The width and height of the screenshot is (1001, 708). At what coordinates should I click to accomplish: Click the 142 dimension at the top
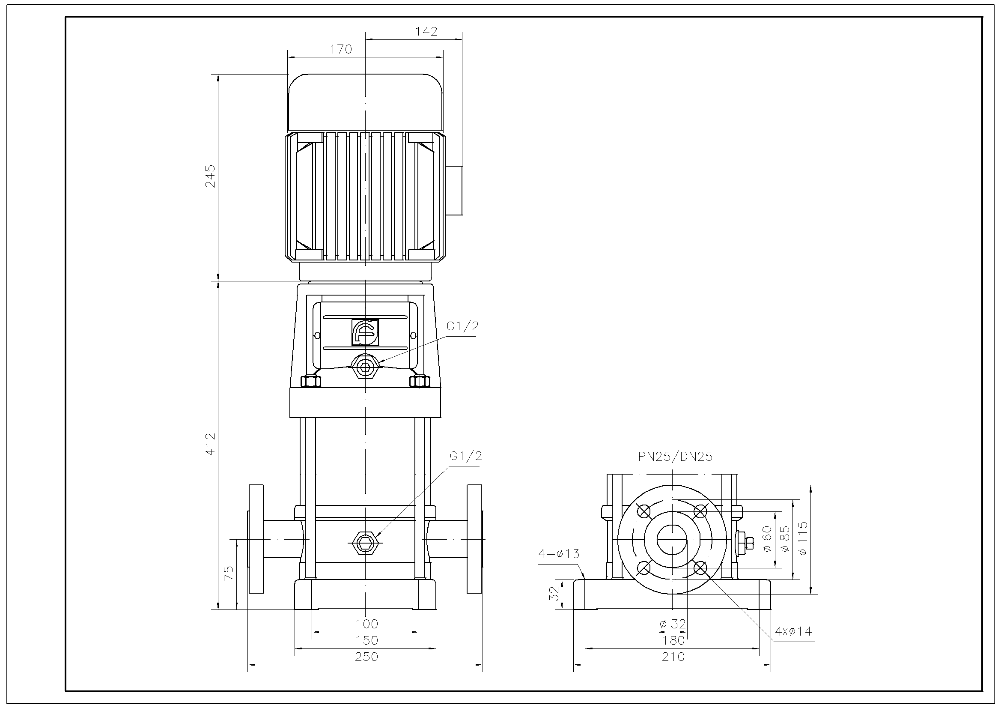coord(426,31)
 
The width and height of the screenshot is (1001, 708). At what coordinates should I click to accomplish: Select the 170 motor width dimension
coord(340,49)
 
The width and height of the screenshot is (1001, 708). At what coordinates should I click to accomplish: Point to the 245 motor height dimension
coord(210,176)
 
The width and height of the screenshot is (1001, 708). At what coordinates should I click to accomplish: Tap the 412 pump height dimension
coord(210,444)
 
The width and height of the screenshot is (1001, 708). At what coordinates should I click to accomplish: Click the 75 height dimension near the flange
coord(229,573)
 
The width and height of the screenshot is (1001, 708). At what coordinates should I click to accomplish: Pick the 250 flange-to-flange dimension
coord(366,657)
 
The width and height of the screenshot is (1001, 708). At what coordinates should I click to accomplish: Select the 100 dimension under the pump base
coord(366,624)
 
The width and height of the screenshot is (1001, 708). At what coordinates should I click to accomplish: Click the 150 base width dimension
coord(366,640)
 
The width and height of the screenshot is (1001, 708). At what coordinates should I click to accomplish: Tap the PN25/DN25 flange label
coord(675,457)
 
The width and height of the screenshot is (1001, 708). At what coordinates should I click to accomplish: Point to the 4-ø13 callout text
coord(559,553)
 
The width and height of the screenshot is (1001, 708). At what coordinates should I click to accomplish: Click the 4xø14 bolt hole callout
coord(793,631)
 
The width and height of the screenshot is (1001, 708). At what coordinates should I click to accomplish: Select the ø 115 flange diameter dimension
coord(803,538)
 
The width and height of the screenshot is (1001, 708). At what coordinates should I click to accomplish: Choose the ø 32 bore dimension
coord(673,624)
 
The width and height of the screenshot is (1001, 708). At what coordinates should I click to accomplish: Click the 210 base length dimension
coord(673,657)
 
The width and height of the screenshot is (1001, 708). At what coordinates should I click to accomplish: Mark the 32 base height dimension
coord(554,594)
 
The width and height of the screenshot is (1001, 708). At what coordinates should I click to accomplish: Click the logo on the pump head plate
coord(365,332)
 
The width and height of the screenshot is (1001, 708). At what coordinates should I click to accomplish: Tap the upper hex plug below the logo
coord(365,367)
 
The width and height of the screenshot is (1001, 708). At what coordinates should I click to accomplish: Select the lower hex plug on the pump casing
coord(365,543)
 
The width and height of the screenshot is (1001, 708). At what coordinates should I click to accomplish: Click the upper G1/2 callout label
coord(462,326)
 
